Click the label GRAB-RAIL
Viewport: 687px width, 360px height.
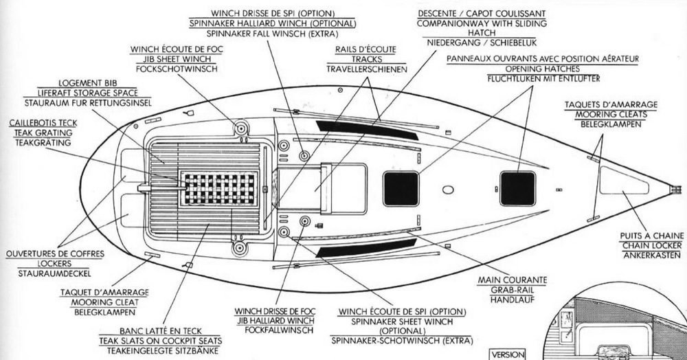(511, 290)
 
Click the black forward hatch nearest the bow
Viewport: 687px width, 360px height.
(517, 188)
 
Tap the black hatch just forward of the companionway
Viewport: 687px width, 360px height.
(401, 189)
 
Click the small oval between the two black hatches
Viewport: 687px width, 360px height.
(449, 189)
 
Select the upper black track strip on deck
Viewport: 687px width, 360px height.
(367, 130)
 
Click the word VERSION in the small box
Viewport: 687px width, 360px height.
(506, 355)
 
